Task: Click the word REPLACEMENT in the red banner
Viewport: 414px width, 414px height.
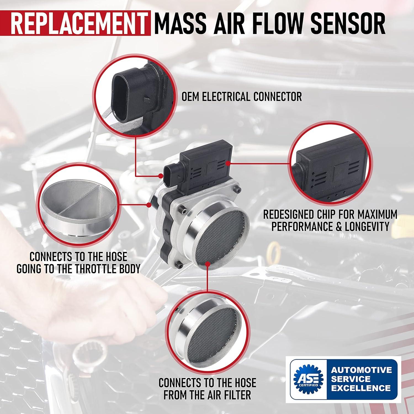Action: click(79, 23)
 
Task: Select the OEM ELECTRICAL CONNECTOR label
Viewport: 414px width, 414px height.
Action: click(242, 97)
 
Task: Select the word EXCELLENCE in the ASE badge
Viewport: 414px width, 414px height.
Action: click(361, 388)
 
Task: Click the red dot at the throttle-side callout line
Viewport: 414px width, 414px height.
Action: click(149, 205)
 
